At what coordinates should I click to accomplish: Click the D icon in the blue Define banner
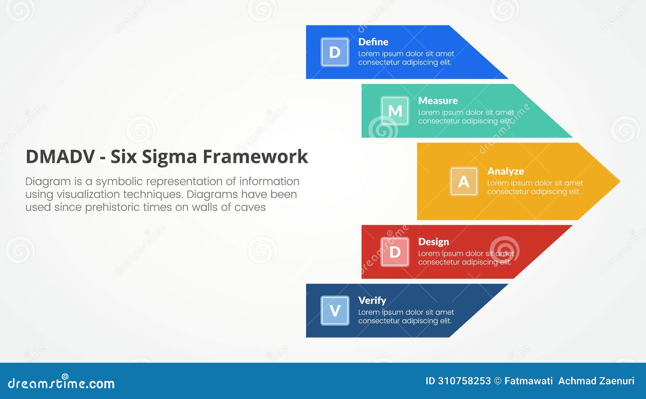pyautogui.click(x=335, y=52)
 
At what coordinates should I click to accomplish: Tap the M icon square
pyautogui.click(x=395, y=111)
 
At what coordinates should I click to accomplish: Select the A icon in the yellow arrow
pyautogui.click(x=464, y=181)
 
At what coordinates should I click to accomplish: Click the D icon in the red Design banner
pyautogui.click(x=395, y=252)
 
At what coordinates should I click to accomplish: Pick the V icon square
pyautogui.click(x=335, y=310)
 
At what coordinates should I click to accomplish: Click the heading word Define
pyautogui.click(x=373, y=42)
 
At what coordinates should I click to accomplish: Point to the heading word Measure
pyautogui.click(x=438, y=101)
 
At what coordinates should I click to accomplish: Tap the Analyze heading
pyautogui.click(x=505, y=171)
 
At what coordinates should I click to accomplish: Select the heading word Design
pyautogui.click(x=433, y=242)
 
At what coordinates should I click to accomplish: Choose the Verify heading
pyautogui.click(x=372, y=301)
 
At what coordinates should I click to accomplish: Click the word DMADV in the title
pyautogui.click(x=60, y=157)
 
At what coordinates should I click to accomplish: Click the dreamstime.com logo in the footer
pyautogui.click(x=61, y=383)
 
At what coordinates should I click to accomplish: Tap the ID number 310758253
pyautogui.click(x=464, y=381)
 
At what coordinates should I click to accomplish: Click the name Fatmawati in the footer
pyautogui.click(x=529, y=381)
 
